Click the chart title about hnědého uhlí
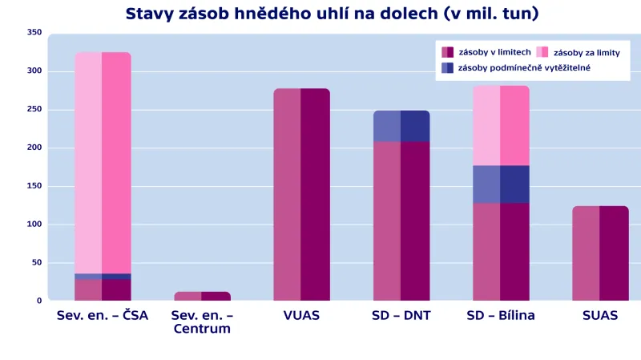332,14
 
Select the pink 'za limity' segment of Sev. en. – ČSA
103,160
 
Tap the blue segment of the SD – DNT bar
401,126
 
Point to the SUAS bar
600,253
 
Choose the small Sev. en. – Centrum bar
202,296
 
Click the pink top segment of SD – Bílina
501,125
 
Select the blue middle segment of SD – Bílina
501,184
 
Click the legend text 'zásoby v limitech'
490,52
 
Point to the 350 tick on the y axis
34,32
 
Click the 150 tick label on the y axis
34,186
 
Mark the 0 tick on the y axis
38,301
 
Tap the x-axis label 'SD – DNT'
401,316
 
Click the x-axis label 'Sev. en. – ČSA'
103,316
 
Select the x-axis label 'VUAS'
301,316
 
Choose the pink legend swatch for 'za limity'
542,52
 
